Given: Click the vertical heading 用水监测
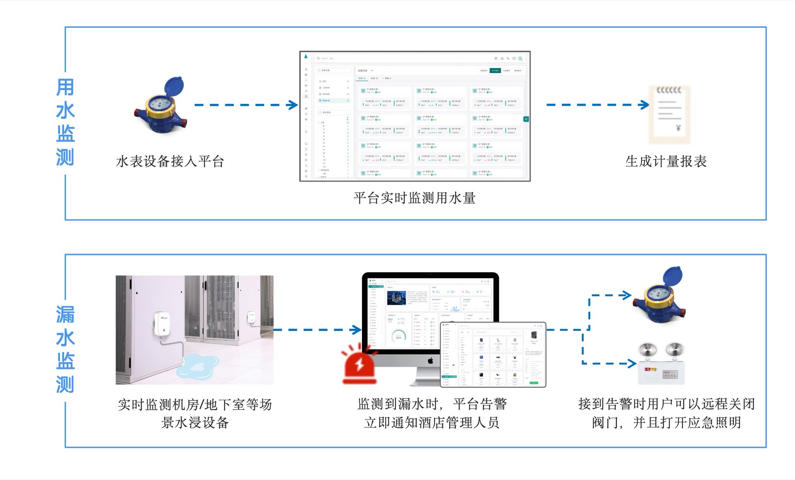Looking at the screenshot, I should coord(65,122).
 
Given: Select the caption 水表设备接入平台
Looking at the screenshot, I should coord(170,161).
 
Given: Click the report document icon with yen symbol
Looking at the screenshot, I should coord(669,114).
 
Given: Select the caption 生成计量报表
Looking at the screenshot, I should coord(666,161).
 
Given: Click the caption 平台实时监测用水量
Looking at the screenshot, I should coord(414,198).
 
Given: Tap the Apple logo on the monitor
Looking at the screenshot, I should coord(430,361).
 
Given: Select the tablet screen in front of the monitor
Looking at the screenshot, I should coord(493,355).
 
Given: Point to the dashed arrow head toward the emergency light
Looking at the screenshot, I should coord(632,364).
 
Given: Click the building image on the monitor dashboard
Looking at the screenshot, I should coord(396,298).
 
